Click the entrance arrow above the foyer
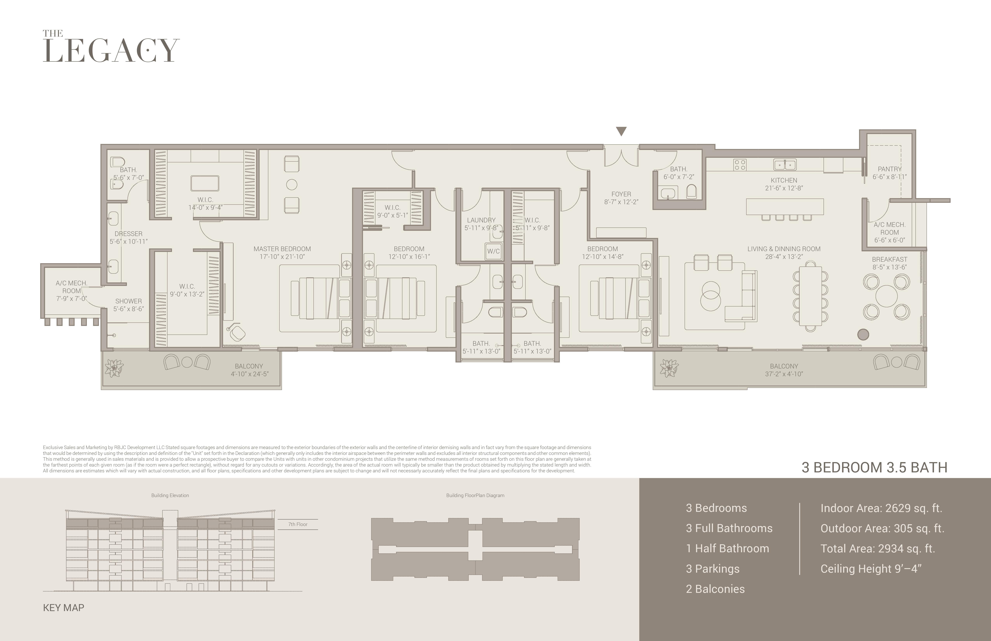click(x=621, y=132)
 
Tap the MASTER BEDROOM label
click(x=282, y=249)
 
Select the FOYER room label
click(x=621, y=194)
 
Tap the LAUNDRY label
click(x=481, y=220)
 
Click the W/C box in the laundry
click(x=493, y=251)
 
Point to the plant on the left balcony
click(x=114, y=368)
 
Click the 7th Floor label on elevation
click(x=298, y=524)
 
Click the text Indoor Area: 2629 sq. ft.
click(x=881, y=508)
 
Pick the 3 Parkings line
click(x=713, y=569)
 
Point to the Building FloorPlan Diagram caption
click(x=475, y=495)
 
